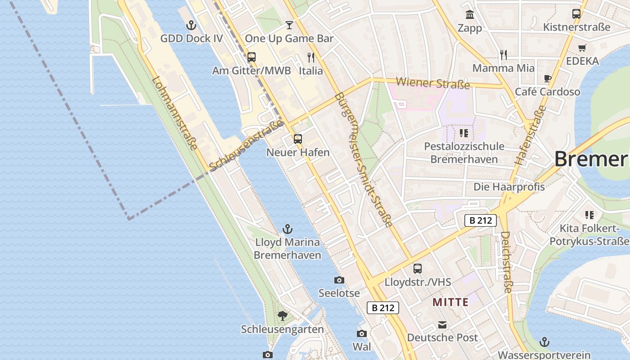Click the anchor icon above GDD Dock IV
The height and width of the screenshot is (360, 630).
(x=192, y=25)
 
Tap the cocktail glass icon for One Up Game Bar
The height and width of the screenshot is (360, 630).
(x=289, y=25)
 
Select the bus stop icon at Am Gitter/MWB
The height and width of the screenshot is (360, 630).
(x=252, y=57)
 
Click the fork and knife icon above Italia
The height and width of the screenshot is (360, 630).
(x=310, y=57)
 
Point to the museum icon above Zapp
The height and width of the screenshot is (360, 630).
(x=470, y=14)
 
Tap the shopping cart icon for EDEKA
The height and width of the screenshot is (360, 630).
(x=582, y=48)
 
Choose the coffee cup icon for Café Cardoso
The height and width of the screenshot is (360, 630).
(x=548, y=78)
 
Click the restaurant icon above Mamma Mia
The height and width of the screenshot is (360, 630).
(x=504, y=55)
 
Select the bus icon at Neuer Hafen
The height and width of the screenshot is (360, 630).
(x=298, y=139)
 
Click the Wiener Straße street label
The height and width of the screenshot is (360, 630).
(x=433, y=83)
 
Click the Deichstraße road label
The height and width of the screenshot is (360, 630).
(x=506, y=262)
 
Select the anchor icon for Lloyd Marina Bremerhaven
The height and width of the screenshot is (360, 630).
(x=288, y=229)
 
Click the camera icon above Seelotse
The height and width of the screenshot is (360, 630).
(x=339, y=280)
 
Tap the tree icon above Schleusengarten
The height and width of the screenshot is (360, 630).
(x=283, y=316)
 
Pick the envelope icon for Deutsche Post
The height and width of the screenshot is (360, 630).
(x=442, y=324)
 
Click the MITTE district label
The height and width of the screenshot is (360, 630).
(x=450, y=302)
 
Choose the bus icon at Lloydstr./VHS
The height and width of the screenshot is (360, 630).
(x=418, y=269)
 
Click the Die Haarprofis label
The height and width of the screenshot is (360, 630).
(x=509, y=187)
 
